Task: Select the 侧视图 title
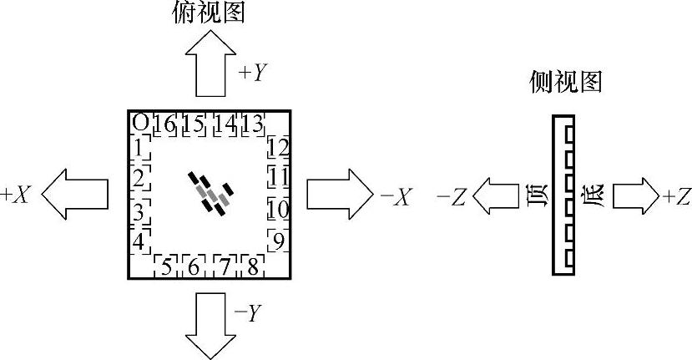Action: point(566,81)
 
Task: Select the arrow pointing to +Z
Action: point(634,197)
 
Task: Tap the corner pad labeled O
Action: point(140,123)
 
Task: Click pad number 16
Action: point(164,124)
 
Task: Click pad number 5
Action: point(166,266)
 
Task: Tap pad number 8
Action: point(250,266)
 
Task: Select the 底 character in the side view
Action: point(595,197)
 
